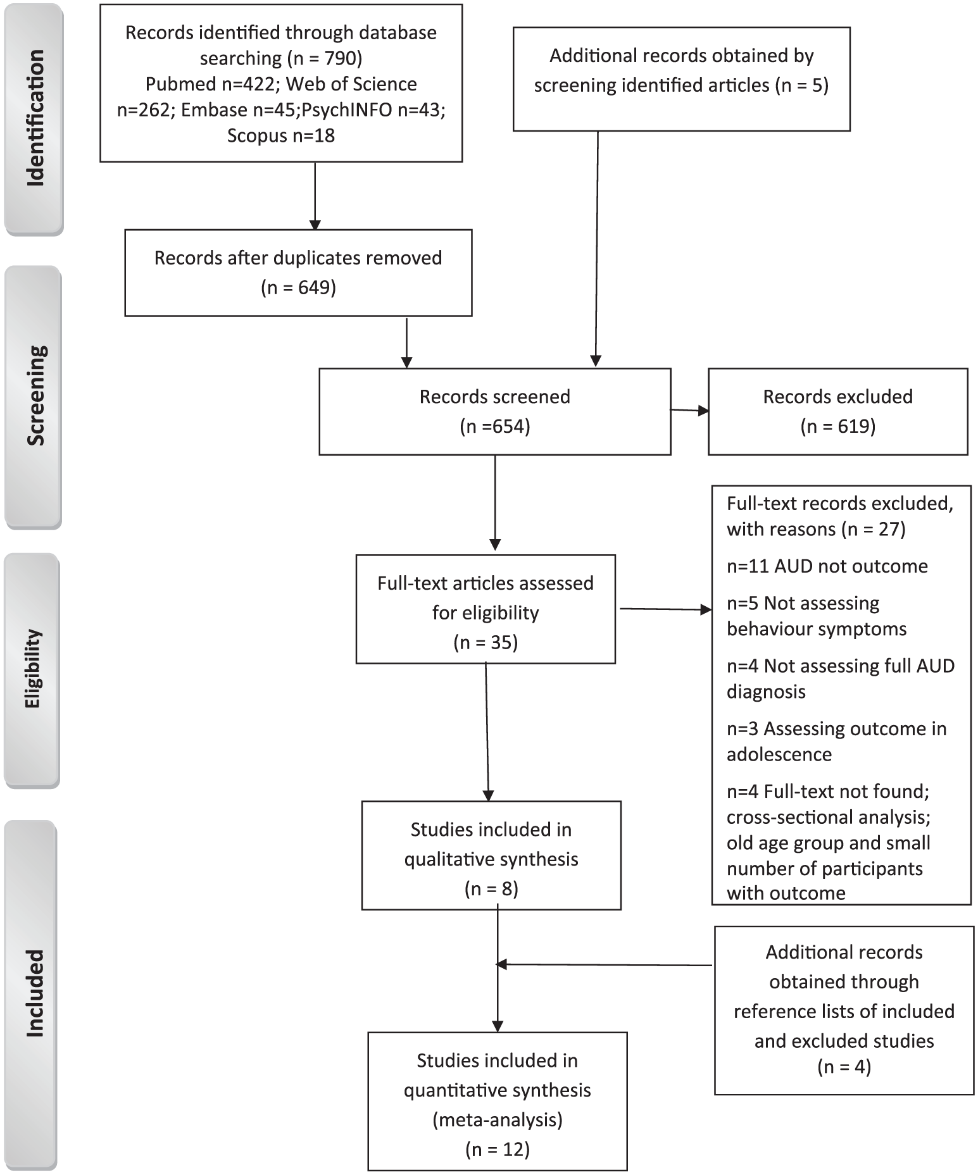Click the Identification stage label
click(x=35, y=118)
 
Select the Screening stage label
click(x=35, y=396)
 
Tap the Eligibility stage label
click(x=32, y=669)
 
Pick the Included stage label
click(x=35, y=993)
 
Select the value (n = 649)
click(x=299, y=288)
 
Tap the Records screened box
click(x=495, y=411)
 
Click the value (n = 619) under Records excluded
click(x=838, y=426)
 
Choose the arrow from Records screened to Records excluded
click(x=690, y=411)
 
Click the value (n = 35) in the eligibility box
click(x=486, y=643)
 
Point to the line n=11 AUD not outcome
click(x=827, y=566)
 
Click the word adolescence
click(x=779, y=754)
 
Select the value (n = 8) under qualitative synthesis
click(x=491, y=889)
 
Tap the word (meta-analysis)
click(x=498, y=1120)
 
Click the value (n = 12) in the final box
click(x=498, y=1149)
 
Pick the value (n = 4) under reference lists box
click(x=844, y=1067)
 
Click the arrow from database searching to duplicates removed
click(x=315, y=196)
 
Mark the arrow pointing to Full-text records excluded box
click(x=665, y=609)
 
